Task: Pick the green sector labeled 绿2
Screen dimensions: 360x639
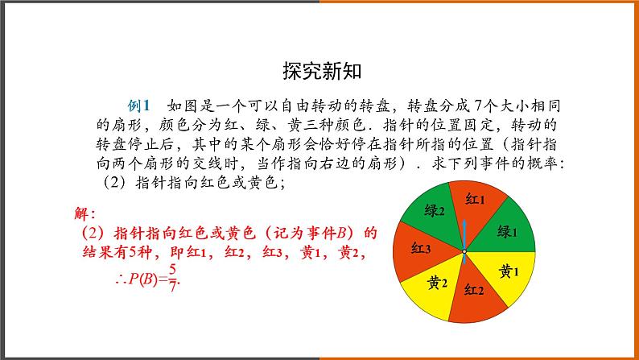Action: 435,212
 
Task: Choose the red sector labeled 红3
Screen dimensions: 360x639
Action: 421,249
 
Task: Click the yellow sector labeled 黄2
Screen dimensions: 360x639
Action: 436,283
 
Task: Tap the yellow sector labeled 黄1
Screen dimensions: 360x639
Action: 507,271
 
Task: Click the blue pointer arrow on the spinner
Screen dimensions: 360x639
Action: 464,230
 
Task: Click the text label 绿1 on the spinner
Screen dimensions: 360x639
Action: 507,232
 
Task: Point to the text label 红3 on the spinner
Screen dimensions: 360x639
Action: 421,248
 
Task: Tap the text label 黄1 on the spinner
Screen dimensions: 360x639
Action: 508,271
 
